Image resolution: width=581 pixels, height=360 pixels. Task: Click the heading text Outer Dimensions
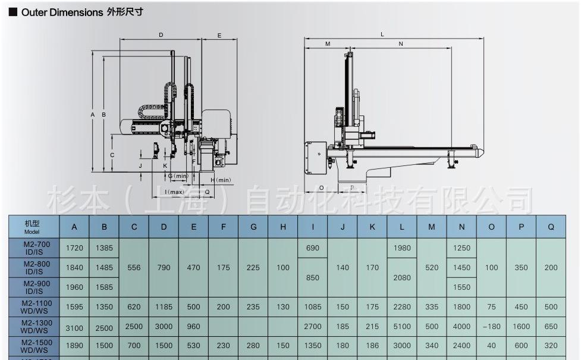pos(62,12)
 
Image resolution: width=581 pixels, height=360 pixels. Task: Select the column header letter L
pos(402,227)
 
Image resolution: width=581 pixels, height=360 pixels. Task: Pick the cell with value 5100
pos(402,327)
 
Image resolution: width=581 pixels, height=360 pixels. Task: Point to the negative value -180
pos(491,327)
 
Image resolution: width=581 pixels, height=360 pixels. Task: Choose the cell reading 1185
pos(164,307)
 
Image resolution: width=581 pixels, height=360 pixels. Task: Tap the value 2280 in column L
pos(402,307)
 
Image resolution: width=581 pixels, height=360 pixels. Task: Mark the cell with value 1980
pos(402,248)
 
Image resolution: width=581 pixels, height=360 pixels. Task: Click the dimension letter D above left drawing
pos(161,36)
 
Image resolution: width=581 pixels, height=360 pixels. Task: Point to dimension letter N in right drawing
pos(401,44)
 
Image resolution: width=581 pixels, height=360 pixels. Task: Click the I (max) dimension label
pos(174,192)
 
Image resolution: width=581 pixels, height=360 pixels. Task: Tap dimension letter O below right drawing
pos(321,187)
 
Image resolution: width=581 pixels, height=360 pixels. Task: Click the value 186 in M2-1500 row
pos(372,346)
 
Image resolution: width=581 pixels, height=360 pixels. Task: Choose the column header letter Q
pos(551,227)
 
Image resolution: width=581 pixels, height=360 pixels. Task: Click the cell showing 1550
pos(461,287)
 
